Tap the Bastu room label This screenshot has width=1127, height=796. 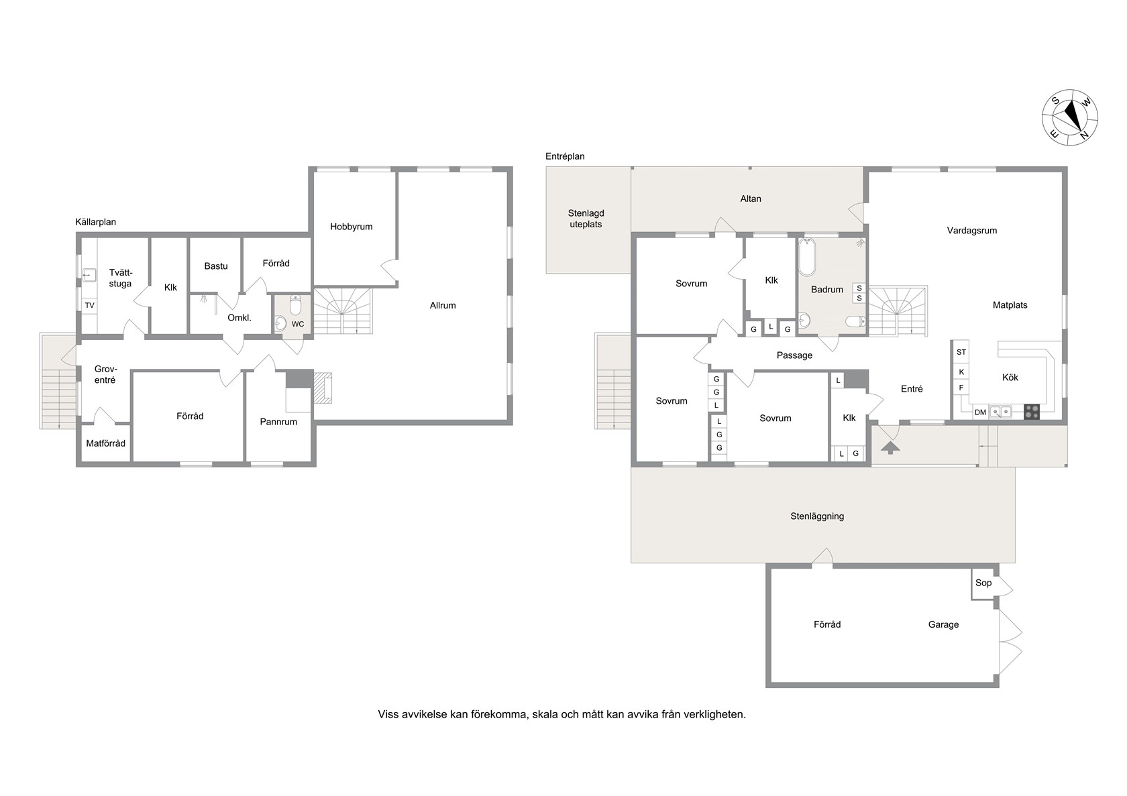216,266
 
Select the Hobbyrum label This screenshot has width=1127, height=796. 352,227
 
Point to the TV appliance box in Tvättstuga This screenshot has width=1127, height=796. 89,305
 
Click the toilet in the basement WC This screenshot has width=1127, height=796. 295,304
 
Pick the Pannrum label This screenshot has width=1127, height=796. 278,422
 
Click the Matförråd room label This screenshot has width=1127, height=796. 106,443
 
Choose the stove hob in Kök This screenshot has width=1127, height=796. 1032,412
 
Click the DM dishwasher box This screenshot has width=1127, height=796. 980,412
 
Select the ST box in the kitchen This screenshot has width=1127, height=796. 961,352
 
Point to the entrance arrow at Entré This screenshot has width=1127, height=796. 890,447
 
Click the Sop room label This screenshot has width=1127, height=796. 983,583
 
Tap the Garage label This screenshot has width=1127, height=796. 943,624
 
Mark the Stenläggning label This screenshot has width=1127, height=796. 817,516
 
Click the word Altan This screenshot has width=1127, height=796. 751,198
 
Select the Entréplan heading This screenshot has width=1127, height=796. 565,156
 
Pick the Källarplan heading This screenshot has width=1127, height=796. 95,222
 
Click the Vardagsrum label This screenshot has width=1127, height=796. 972,231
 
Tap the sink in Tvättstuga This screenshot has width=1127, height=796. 90,275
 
